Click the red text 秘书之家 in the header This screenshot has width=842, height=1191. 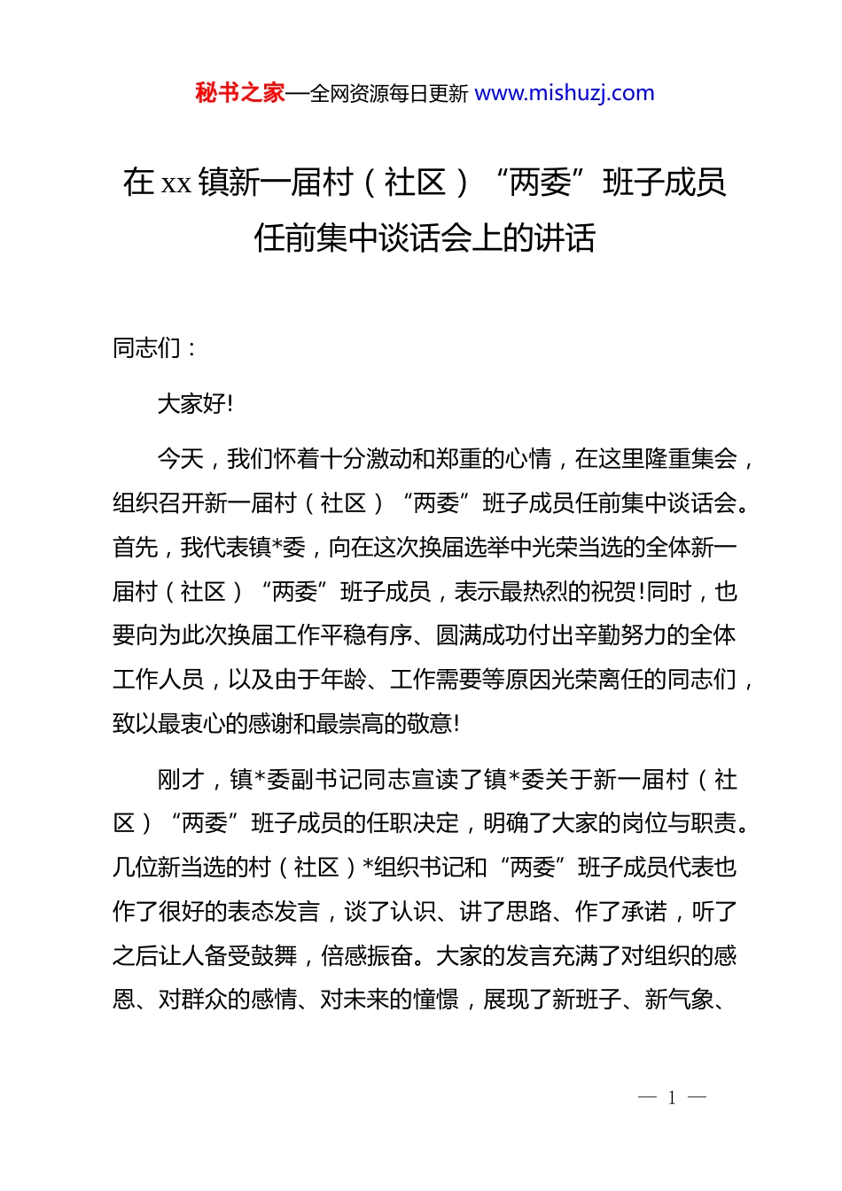pos(240,93)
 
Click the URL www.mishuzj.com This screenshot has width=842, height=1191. pos(565,93)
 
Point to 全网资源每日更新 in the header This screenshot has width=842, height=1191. pos(389,94)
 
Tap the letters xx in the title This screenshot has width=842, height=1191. pos(176,183)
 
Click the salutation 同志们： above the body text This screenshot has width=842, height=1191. pos(155,348)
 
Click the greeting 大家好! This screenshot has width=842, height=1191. pos(195,404)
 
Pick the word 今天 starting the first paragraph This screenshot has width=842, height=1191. pos(180,459)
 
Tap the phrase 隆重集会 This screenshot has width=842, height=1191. pos(691,459)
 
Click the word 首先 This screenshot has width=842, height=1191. pos(136,548)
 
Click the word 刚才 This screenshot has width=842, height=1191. pos(181,780)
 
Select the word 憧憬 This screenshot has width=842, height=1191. pos(436,1000)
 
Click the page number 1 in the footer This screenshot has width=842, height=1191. pos(672,1098)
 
